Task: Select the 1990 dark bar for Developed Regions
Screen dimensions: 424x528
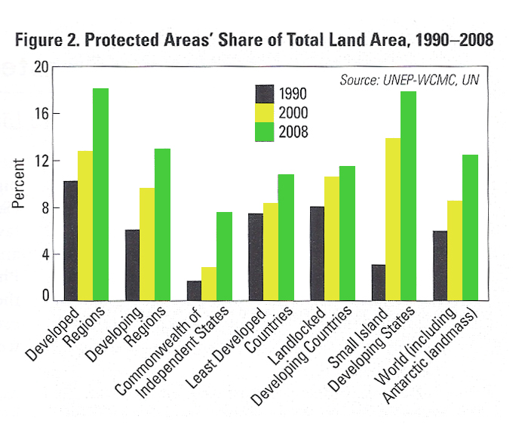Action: [x=70, y=241]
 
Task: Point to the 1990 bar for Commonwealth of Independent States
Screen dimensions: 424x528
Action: [x=194, y=291]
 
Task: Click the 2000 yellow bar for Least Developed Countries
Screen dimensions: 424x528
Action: [x=271, y=252]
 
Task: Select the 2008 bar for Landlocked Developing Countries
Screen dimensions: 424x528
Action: [x=348, y=234]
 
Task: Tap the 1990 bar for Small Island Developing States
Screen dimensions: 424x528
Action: [x=379, y=283]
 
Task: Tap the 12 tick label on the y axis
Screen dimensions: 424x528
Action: [x=41, y=161]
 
